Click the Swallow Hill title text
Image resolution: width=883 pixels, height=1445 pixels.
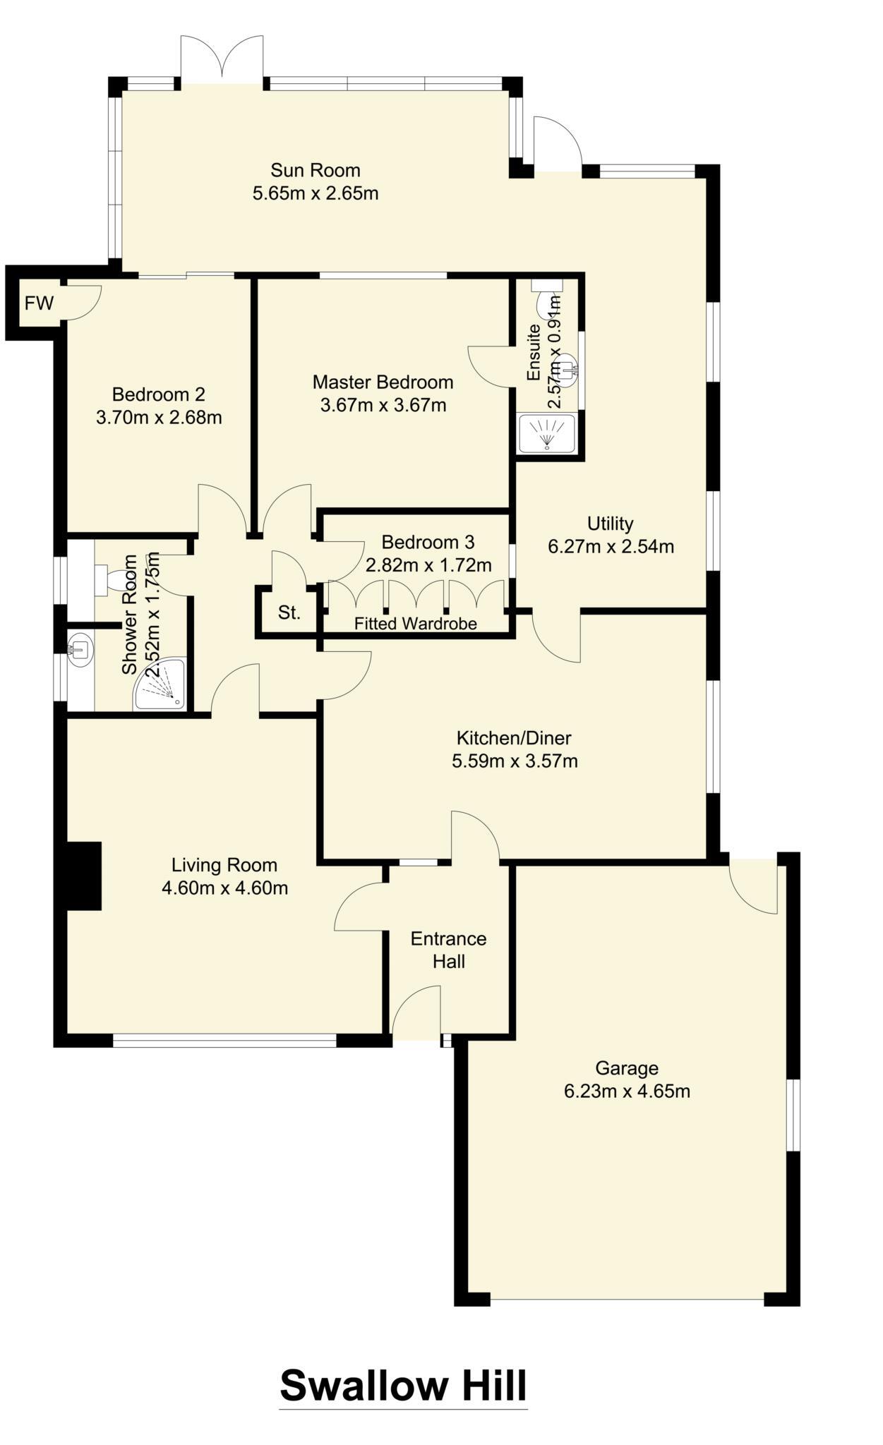403,1385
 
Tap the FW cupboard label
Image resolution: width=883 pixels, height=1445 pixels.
39,303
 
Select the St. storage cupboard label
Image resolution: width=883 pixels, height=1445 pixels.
289,612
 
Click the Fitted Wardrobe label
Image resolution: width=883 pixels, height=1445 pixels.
415,624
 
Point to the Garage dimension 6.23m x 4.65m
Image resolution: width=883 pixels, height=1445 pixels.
626,1092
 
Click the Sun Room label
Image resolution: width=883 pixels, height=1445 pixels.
316,170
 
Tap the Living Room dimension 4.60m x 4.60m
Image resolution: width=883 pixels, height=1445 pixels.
224,888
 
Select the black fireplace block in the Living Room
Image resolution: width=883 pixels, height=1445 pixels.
84,876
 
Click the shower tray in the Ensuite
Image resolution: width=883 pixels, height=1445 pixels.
547,433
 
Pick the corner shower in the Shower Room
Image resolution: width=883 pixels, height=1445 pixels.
162,684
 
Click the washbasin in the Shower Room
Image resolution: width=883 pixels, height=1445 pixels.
79,647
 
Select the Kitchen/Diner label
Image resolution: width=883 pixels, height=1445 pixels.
514,738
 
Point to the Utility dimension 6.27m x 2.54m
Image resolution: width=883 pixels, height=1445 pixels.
611,546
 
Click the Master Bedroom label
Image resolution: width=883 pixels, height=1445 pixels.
383,382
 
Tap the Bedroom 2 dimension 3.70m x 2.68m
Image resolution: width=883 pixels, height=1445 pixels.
159,417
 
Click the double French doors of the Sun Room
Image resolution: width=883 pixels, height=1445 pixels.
222,60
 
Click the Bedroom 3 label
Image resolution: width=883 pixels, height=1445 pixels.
428,542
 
